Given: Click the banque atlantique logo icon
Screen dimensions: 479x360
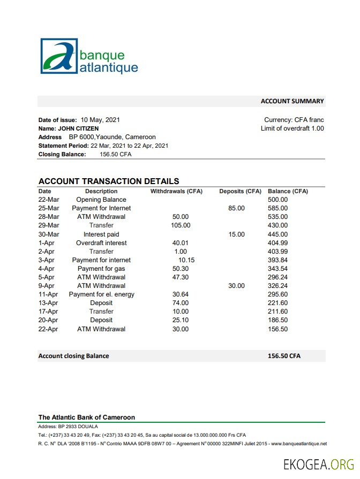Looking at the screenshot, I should click(x=59, y=56).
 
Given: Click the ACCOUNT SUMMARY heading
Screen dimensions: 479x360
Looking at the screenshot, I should click(x=292, y=101).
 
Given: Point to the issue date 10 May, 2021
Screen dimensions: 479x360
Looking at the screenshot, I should click(x=100, y=120).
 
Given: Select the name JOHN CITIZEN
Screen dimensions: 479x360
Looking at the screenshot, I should click(x=78, y=128).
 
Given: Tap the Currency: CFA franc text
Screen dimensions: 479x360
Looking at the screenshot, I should click(x=294, y=120).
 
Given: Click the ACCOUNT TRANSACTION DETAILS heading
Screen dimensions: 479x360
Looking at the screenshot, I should click(x=109, y=181).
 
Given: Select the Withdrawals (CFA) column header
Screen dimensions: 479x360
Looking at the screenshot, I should click(x=176, y=191).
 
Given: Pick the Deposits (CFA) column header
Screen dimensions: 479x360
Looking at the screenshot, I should click(x=240, y=191).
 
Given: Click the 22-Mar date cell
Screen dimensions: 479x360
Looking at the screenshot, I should click(x=49, y=200).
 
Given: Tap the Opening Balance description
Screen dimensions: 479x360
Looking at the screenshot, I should click(x=105, y=200).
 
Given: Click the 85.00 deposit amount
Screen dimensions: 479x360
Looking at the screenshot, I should click(x=236, y=208).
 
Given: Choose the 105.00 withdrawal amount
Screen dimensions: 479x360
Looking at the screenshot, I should click(x=181, y=225).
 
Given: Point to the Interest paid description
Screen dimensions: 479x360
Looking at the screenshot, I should click(x=101, y=234).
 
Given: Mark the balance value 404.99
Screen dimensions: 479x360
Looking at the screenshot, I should click(x=277, y=243).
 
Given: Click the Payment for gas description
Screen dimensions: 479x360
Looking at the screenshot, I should click(x=101, y=269).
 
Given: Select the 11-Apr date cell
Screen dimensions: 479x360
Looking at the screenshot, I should click(x=48, y=294).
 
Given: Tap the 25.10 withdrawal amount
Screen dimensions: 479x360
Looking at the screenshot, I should click(x=181, y=320).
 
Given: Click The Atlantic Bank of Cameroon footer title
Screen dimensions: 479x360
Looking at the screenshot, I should click(x=87, y=417).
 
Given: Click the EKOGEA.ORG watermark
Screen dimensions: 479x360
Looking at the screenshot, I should click(x=319, y=463).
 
